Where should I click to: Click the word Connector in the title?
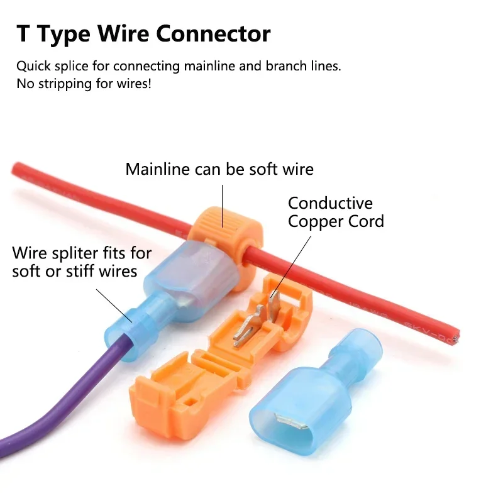point(214,33)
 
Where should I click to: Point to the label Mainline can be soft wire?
point(219,169)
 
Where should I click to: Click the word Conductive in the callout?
point(330,204)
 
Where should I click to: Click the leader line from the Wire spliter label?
point(113,305)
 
